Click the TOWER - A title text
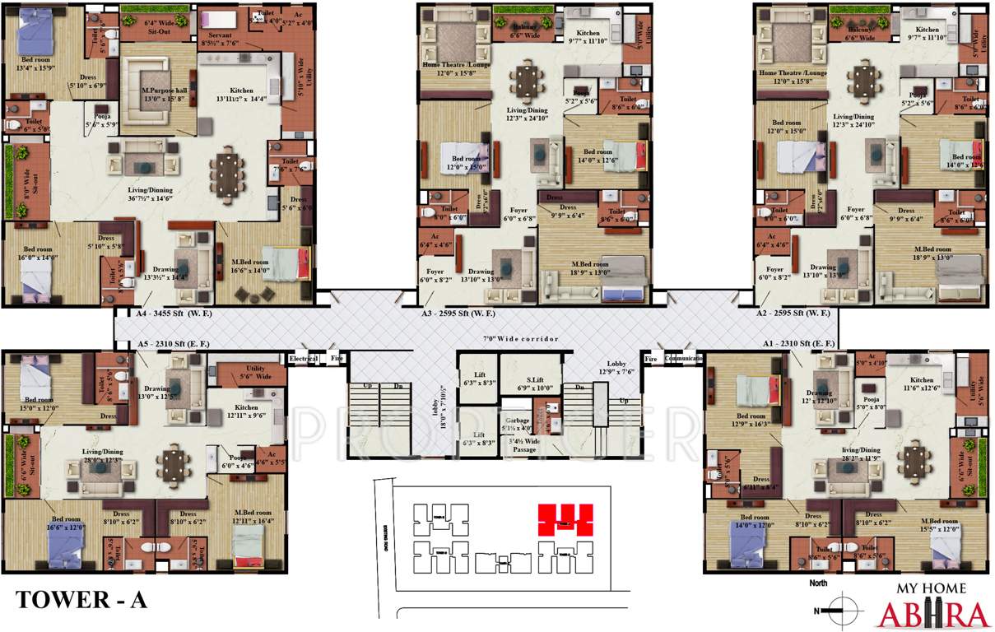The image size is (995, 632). point(81,600)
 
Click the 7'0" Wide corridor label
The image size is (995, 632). point(520,339)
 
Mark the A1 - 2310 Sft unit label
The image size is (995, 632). point(797,342)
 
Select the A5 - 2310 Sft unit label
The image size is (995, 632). point(174,343)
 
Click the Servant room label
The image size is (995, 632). point(220,38)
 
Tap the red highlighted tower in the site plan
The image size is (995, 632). point(565,520)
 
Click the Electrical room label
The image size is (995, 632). point(302,359)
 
